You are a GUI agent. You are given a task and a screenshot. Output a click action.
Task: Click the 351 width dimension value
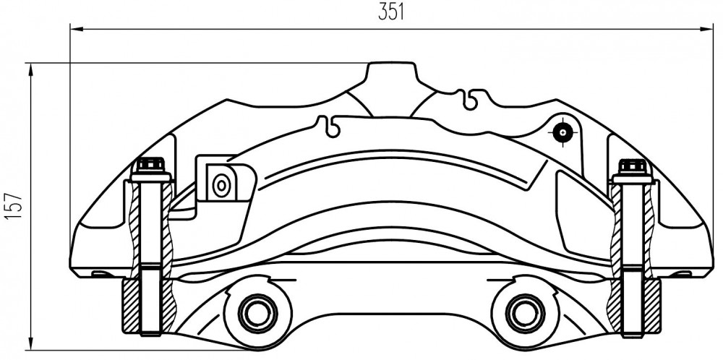point(391,12)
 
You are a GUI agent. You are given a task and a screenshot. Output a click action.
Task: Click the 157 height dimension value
point(14,205)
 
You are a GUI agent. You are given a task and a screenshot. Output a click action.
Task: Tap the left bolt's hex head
point(151,164)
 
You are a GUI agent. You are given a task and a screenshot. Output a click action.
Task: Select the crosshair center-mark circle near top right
point(562,133)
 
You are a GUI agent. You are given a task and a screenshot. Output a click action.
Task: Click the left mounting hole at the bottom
point(257,314)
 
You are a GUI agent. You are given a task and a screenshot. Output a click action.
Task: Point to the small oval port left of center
point(221,185)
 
